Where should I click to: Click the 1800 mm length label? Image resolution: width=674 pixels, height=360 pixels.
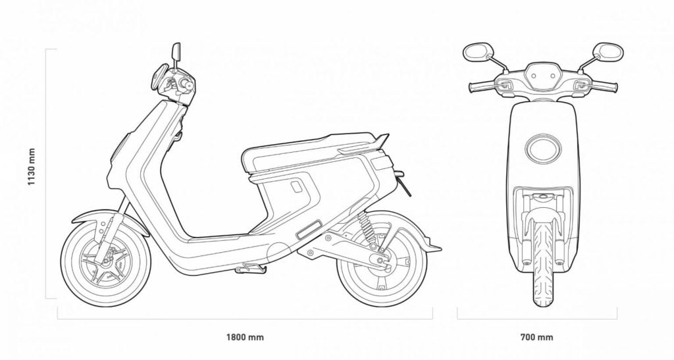pos(245,338)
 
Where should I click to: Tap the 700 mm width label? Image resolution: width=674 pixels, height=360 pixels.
pos(536,338)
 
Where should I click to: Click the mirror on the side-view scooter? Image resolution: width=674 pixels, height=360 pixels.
pos(176,51)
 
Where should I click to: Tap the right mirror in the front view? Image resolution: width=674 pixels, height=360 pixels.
pos(609,51)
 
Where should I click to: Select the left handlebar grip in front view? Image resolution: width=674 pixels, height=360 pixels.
pos(479,86)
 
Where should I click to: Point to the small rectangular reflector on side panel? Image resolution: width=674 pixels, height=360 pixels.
pos(309,231)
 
